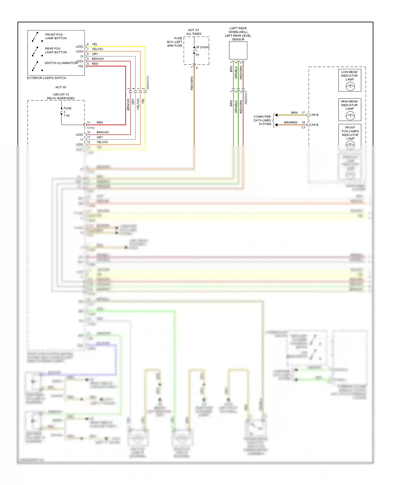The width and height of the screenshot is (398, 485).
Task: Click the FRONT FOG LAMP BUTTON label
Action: pos(56,36)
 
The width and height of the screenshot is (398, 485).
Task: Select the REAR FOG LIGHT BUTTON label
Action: pos(56,50)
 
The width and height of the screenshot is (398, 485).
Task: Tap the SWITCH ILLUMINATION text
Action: pos(61,63)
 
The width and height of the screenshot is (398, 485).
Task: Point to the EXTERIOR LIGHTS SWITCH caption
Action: pos(46,78)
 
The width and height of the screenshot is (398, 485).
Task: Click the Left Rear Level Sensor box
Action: pos(238,50)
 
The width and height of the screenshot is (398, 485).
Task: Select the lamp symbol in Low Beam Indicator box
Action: pos(350,86)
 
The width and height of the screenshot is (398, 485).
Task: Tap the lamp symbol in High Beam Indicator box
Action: pos(350,116)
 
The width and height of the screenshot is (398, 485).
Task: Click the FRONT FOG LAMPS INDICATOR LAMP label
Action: pos(350,133)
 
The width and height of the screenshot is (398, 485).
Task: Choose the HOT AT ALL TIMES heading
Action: pos(194,32)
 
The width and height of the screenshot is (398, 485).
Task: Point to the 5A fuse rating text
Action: pos(197,55)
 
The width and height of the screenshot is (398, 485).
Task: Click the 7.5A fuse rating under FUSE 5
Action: pos(67,116)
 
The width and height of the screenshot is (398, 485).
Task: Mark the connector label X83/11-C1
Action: pos(148,83)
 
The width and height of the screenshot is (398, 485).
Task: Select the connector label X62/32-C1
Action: pos(246,98)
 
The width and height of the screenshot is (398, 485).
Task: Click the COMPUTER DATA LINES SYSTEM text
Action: pos(262,120)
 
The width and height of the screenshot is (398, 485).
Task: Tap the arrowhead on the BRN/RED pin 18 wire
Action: pos(276,125)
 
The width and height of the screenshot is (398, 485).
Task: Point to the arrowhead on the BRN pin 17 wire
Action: pos(276,115)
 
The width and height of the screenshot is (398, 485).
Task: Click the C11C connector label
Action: pos(91,128)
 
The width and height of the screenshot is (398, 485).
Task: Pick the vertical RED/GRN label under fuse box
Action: pos(192,83)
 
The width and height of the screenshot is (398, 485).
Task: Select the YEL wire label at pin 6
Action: pos(94,44)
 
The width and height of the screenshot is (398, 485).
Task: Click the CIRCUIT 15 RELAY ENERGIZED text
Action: pos(61,96)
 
